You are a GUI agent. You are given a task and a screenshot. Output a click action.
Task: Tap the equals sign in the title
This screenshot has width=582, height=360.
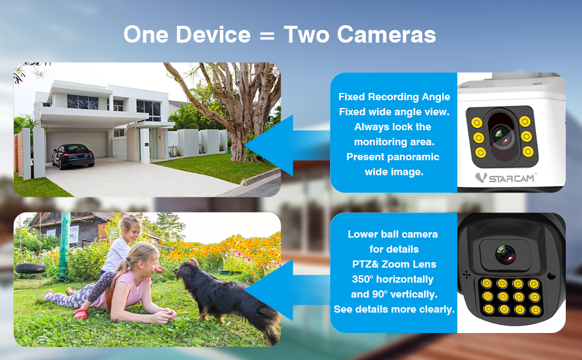pos(266,35)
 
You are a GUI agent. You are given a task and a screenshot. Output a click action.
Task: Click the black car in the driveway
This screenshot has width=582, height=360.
pos(73,155)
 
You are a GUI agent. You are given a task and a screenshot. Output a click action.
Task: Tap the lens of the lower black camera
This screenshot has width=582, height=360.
pos(505,253)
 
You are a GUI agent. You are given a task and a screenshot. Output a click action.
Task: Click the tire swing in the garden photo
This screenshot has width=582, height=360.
pos(31,268)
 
